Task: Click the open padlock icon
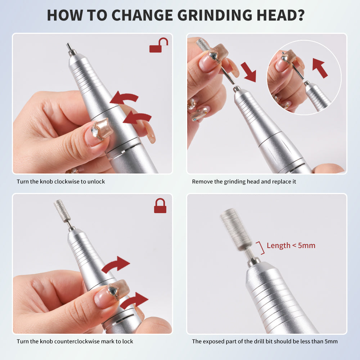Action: click(158, 45)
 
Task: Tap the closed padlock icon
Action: click(160, 206)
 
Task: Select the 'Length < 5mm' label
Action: click(291, 246)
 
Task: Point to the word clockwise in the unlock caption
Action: click(67, 181)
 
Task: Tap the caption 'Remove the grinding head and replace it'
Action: click(244, 181)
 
